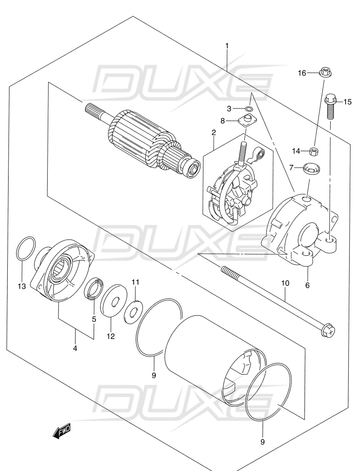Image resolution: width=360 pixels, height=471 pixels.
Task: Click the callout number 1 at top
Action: pyautogui.click(x=227, y=46)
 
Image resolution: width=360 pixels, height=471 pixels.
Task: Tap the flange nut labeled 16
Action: pyautogui.click(x=324, y=72)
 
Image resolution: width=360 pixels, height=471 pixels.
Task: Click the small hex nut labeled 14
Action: pyautogui.click(x=315, y=151)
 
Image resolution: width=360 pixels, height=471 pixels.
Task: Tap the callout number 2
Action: pyautogui.click(x=214, y=132)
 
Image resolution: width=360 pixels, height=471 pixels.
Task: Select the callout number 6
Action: pyautogui.click(x=308, y=285)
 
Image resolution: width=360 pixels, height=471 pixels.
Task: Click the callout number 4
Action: pyautogui.click(x=75, y=348)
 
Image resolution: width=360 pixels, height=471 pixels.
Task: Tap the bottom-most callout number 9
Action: pyautogui.click(x=262, y=442)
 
